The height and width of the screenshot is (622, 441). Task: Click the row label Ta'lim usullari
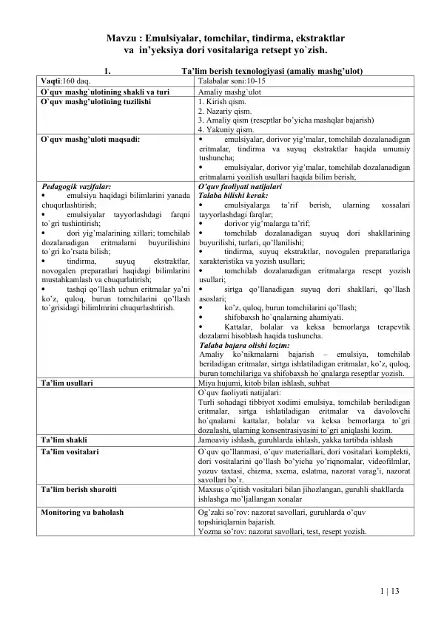pyautogui.click(x=67, y=384)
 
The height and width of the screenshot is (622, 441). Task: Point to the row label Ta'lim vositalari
pyautogui.click(x=70, y=449)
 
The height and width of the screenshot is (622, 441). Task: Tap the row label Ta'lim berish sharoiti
pyautogui.click(x=78, y=489)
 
